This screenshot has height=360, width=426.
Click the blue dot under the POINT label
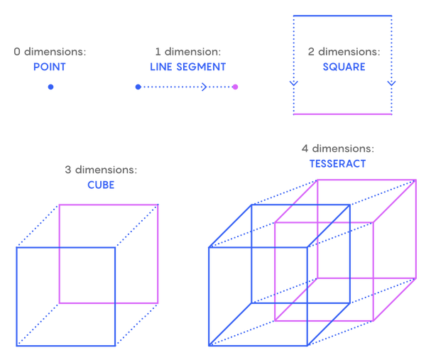tap(51, 87)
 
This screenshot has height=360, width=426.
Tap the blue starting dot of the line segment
tap(138, 87)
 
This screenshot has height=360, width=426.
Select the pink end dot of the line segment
tap(235, 87)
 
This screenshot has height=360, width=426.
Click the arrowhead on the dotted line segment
tap(204, 87)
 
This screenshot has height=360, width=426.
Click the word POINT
tap(50, 67)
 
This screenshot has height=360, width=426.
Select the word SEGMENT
tap(201, 67)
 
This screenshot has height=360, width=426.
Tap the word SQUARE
tap(344, 67)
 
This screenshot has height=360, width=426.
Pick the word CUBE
tap(101, 185)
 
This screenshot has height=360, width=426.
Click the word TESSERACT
tap(338, 164)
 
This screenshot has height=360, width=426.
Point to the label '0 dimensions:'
tap(50, 52)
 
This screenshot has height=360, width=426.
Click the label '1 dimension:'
tap(188, 52)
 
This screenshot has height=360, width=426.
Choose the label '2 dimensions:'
tap(344, 52)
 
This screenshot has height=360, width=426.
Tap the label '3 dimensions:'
tap(101, 170)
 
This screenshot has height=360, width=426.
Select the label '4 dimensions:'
tap(338, 148)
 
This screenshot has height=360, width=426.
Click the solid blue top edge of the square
tap(343, 16)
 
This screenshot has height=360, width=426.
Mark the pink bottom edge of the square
tap(343, 114)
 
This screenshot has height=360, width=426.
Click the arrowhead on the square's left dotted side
tap(294, 83)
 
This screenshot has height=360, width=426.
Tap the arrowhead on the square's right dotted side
tap(391, 83)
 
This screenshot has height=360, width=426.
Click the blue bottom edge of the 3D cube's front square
tap(66, 346)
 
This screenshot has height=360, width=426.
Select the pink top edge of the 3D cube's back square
tap(109, 205)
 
